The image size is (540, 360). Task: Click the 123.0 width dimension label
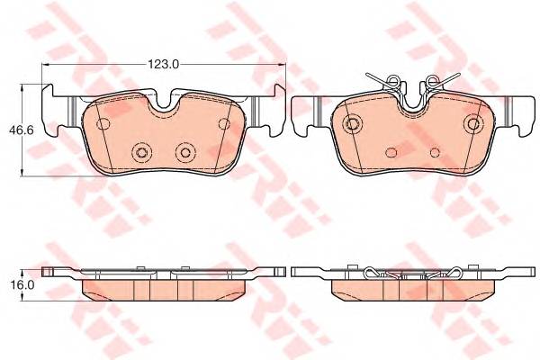point(164,64)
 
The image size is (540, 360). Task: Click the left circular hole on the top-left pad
point(140,151)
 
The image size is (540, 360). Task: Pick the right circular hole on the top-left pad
point(186,151)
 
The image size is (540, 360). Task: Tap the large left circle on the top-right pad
point(354,123)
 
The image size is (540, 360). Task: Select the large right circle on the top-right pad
point(470,123)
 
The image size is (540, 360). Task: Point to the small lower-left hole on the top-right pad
point(389,151)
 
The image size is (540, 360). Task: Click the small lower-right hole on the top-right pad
point(435,151)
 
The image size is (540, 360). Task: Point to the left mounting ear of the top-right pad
point(307,108)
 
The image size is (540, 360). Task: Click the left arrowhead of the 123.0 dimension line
point(48,65)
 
